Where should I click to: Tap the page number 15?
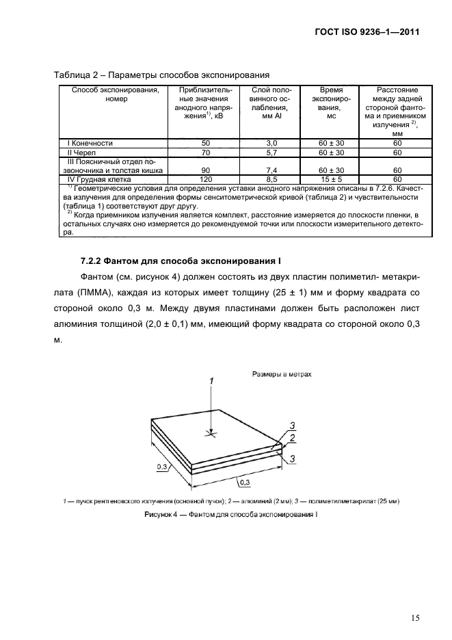coord(415,618)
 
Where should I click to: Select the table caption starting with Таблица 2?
coord(161,75)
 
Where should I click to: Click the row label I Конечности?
coord(90,143)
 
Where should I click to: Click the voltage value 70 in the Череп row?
coord(204,152)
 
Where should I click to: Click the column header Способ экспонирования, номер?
coord(111,94)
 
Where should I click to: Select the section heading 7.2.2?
coord(181,262)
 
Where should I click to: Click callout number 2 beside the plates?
coord(293,438)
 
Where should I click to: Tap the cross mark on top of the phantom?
coord(213,432)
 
